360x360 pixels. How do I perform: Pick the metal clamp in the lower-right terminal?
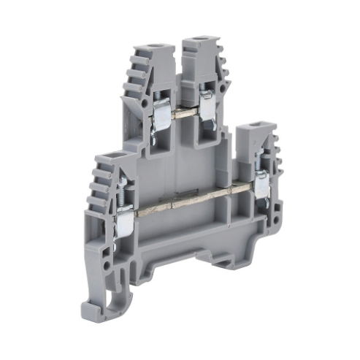[261, 181]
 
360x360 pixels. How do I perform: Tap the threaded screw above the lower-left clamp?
[120, 191]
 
